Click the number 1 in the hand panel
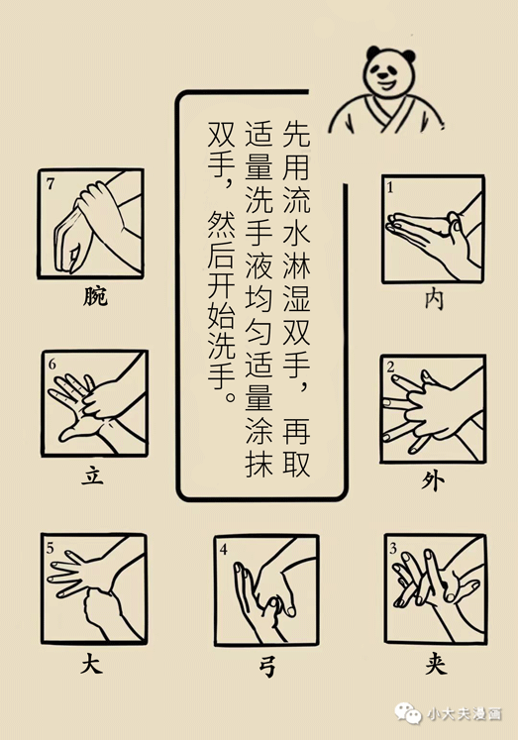pos(390,188)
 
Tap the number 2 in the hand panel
pos(390,367)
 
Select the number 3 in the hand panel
pos(393,548)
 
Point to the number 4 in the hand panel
pos(224,550)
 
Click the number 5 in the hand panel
pos(51,548)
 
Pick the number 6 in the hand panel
pos(52,365)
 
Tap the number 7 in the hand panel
pos(50,183)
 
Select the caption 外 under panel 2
pos(433,481)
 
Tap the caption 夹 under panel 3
pos(436,664)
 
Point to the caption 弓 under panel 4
pos(267,667)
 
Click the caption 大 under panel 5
pos(91,665)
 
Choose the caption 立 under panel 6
pos(92,476)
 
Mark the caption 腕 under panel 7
pos(95,296)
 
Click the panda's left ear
pos(373,52)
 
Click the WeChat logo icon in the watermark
pos(408,713)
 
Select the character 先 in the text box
pos(297,133)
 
